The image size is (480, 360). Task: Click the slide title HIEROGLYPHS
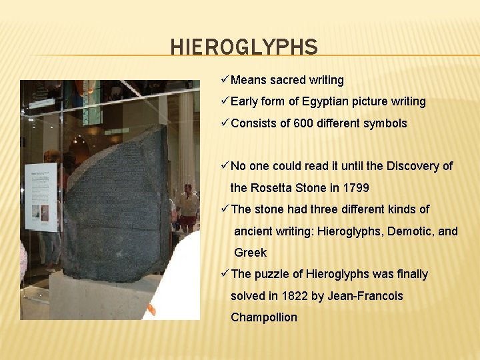[x=244, y=47]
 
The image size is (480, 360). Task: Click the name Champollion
[x=264, y=317]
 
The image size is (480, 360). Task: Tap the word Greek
[x=250, y=253]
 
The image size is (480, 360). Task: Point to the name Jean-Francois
[x=365, y=295]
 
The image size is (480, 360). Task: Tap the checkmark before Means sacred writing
[x=225, y=80]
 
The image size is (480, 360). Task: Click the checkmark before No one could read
[x=225, y=166]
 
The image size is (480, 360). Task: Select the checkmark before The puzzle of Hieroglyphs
[x=225, y=274]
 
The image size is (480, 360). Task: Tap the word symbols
[x=385, y=123]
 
